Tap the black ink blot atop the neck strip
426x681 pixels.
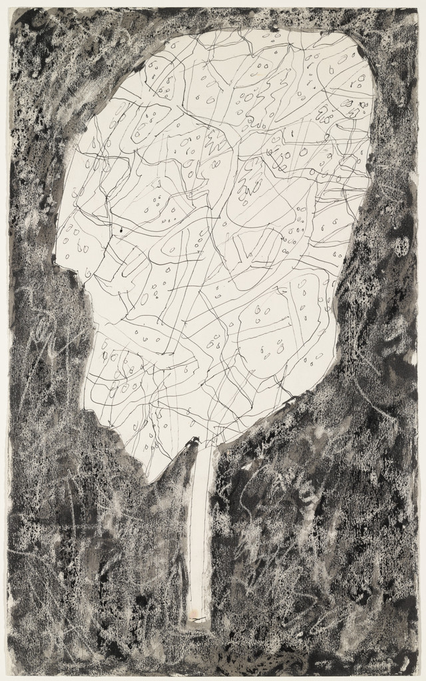(x=194, y=440)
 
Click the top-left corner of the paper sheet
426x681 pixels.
(x=9, y=8)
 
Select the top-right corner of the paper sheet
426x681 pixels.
(x=418, y=8)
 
